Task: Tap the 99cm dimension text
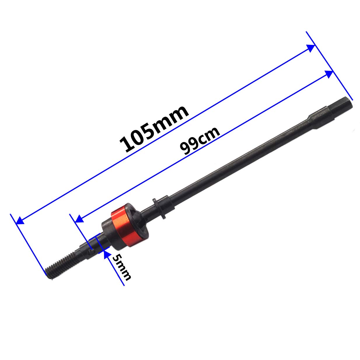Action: tap(200, 141)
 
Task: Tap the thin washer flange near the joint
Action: tap(159, 209)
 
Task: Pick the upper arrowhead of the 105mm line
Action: tap(311, 48)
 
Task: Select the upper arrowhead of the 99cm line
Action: tap(329, 74)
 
